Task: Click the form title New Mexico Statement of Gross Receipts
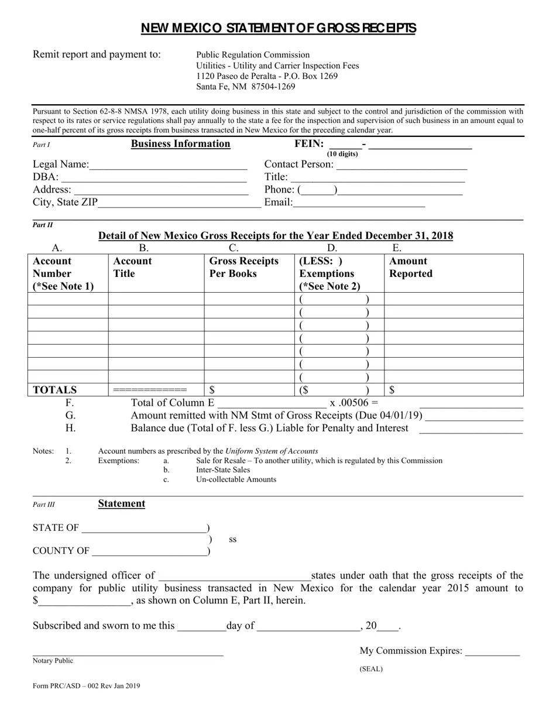pyautogui.click(x=278, y=29)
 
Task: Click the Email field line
pyautogui.click(x=359, y=204)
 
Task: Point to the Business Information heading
pyautogui.click(x=180, y=144)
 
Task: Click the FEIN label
pyautogui.click(x=308, y=144)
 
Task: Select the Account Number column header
pyautogui.click(x=63, y=273)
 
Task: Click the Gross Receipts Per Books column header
pyautogui.click(x=244, y=268)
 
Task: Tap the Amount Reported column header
pyautogui.click(x=411, y=268)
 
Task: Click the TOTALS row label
pyautogui.click(x=55, y=390)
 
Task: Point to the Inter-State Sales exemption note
pyautogui.click(x=223, y=470)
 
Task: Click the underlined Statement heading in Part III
pyautogui.click(x=122, y=504)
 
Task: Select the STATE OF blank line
pyautogui.click(x=144, y=529)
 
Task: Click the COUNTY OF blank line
pyautogui.click(x=149, y=552)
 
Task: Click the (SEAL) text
pyautogui.click(x=371, y=669)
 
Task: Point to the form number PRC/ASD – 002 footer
pyautogui.click(x=87, y=686)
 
